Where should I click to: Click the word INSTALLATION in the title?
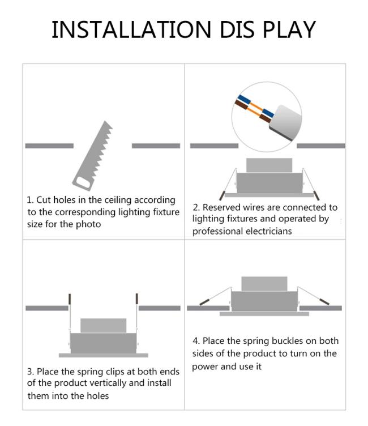[x=131, y=29]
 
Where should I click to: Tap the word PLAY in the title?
[x=289, y=29]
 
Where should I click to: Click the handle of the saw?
[x=83, y=181]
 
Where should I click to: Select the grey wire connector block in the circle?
[x=286, y=123]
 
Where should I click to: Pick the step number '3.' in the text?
[x=31, y=372]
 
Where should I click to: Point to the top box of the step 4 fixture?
[x=264, y=284]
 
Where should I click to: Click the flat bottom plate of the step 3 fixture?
[x=104, y=355]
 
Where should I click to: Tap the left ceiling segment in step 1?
[x=49, y=146]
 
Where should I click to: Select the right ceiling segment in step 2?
[x=321, y=146]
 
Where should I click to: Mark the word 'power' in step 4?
[x=206, y=367]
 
